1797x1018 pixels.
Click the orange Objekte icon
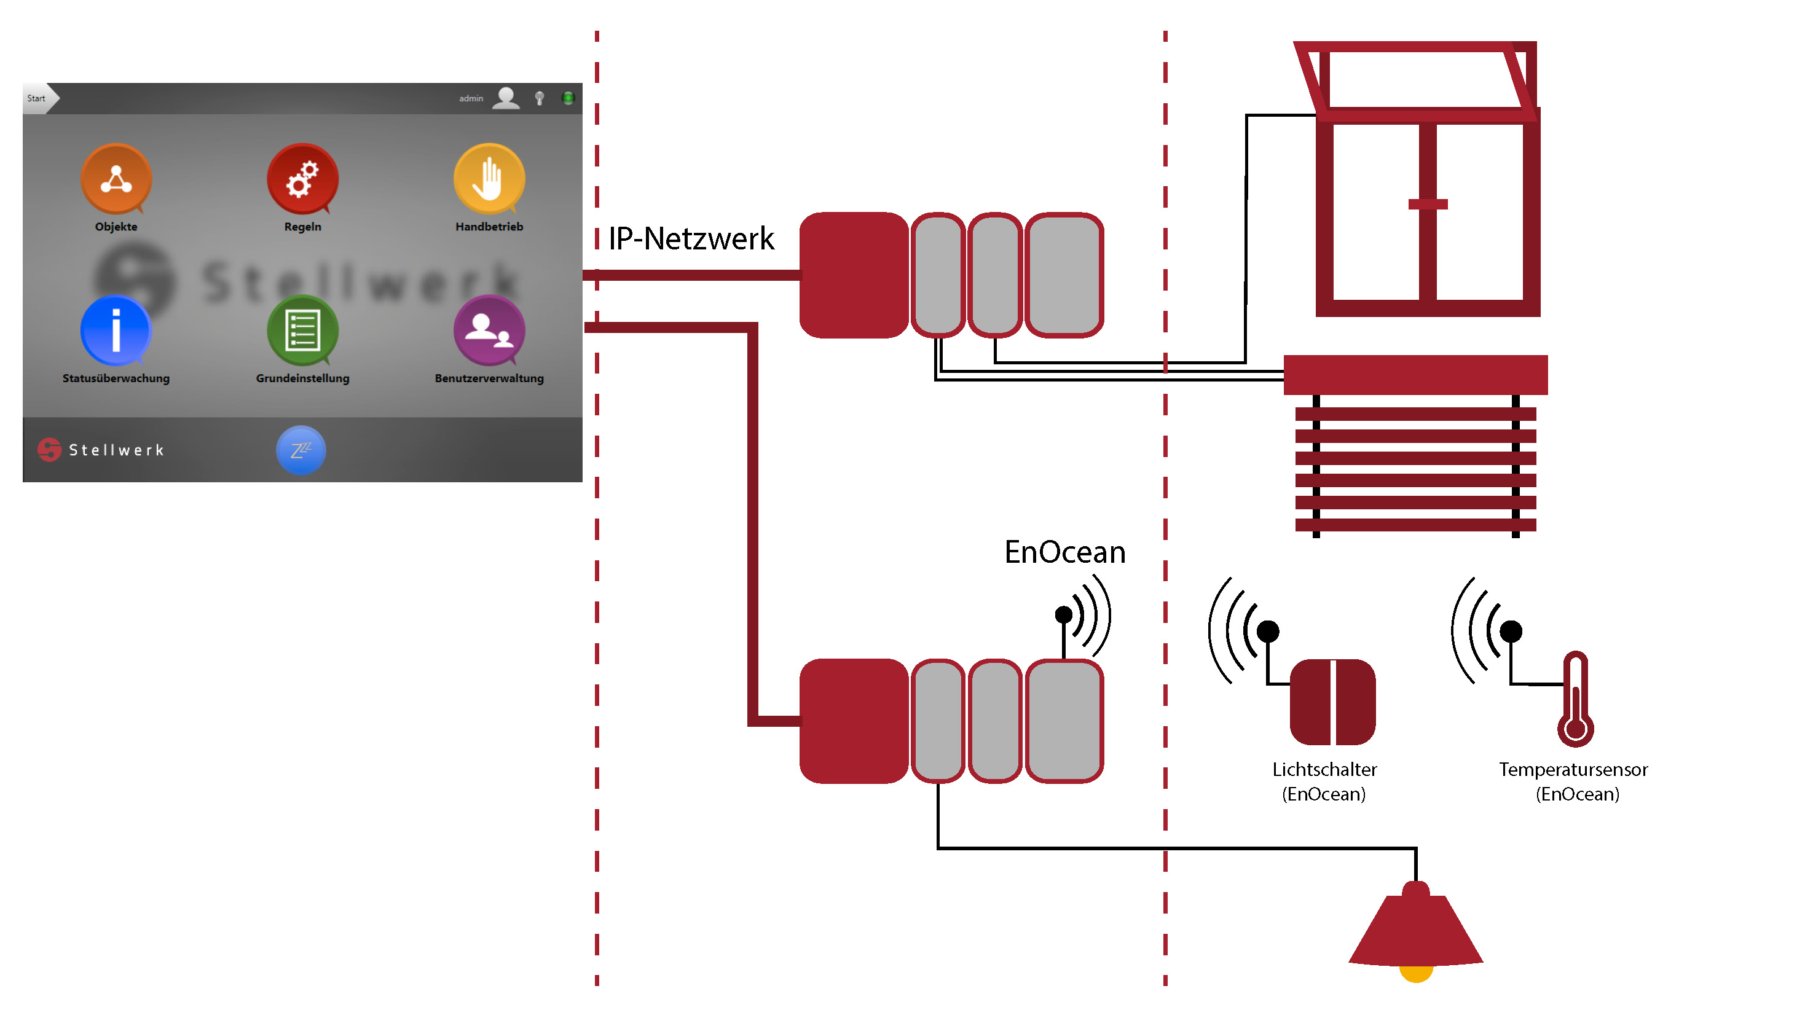tap(116, 179)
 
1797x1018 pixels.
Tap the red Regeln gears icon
tap(303, 179)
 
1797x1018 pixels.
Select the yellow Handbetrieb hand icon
tap(489, 179)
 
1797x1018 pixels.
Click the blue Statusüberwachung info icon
tap(116, 331)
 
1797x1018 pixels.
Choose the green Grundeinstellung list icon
tap(303, 331)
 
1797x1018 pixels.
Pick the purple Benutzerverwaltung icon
tap(489, 331)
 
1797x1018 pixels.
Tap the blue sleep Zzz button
tap(301, 450)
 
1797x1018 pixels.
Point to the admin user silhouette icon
tap(506, 98)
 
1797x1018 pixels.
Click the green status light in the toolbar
tap(568, 98)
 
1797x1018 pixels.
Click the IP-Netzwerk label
tap(691, 239)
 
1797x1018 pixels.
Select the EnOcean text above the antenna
tap(1064, 552)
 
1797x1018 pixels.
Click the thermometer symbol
tap(1575, 699)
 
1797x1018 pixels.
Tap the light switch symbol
tap(1332, 702)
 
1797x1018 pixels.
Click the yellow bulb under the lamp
tap(1416, 974)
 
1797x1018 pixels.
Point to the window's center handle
tap(1427, 204)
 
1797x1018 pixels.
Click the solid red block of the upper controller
tap(853, 275)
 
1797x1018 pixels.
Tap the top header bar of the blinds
tap(1415, 375)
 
